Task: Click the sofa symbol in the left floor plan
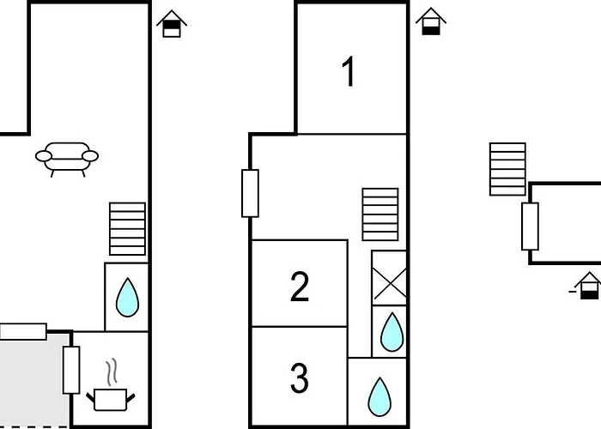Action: coord(67,158)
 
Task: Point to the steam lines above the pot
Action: coord(112,373)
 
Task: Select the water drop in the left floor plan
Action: coord(127,297)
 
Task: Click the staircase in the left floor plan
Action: coord(127,229)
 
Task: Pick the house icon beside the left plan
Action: coord(173,23)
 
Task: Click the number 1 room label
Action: coord(349,73)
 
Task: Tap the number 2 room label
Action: coord(299,286)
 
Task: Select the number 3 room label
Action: coord(299,378)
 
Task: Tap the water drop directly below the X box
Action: coord(391,330)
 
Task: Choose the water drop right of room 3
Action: coord(378,396)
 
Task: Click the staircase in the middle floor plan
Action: coord(380,214)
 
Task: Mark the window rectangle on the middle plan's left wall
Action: coord(250,193)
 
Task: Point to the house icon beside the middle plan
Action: coord(431,21)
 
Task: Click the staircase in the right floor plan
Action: coord(507,170)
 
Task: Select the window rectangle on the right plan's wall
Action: coord(530,226)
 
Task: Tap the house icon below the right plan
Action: coord(589,286)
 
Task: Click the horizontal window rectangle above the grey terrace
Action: coord(22,331)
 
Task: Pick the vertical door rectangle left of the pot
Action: coord(71,370)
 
